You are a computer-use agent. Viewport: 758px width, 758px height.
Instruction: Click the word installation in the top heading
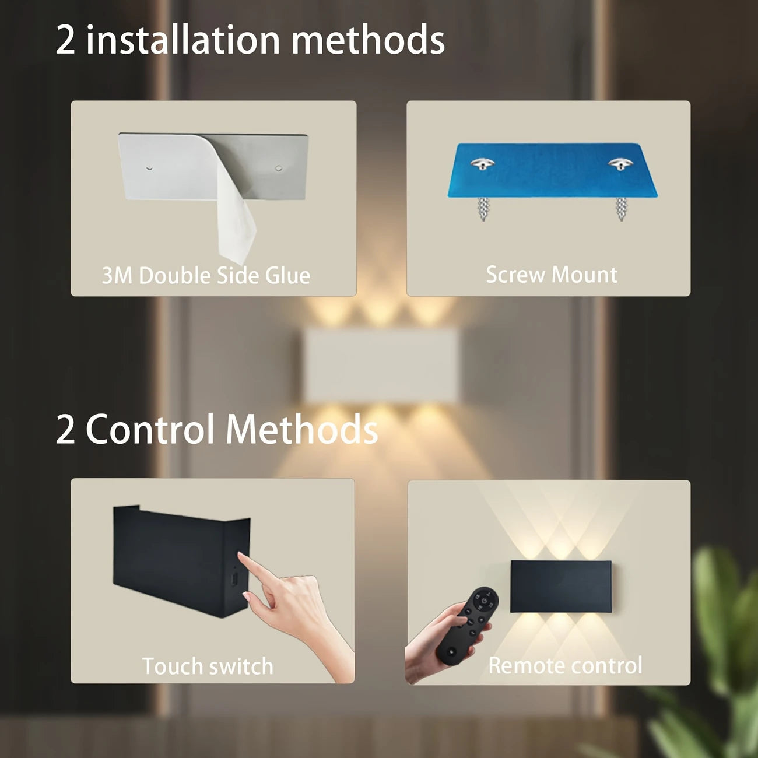pyautogui.click(x=183, y=39)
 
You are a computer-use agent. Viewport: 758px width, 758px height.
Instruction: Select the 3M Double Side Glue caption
pyautogui.click(x=206, y=275)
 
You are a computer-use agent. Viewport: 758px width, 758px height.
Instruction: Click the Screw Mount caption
pyautogui.click(x=552, y=274)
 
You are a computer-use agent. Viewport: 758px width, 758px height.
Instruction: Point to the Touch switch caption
pyautogui.click(x=208, y=666)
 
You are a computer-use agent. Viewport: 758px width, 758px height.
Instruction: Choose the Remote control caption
pyautogui.click(x=565, y=665)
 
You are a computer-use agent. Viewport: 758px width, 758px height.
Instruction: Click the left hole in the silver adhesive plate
pyautogui.click(x=149, y=168)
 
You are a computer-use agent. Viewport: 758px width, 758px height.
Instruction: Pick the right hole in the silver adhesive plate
pyautogui.click(x=279, y=169)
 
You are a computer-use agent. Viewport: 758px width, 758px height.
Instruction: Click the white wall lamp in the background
pyautogui.click(x=381, y=365)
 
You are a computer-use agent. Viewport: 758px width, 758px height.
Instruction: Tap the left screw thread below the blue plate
pyautogui.click(x=483, y=209)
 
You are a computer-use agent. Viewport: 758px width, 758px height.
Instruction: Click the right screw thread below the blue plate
pyautogui.click(x=622, y=209)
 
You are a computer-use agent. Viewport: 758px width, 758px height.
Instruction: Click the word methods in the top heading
pyautogui.click(x=368, y=39)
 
